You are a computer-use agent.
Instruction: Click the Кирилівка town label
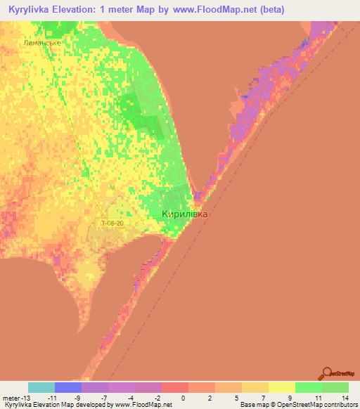pyautogui.click(x=185, y=214)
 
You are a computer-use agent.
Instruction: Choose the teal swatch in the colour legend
pyautogui.click(x=41, y=387)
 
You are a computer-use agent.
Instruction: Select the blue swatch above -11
pyautogui.click(x=68, y=387)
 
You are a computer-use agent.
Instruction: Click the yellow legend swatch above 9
pyautogui.click(x=281, y=387)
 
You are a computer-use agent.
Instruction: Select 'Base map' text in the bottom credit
pyautogui.click(x=252, y=405)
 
